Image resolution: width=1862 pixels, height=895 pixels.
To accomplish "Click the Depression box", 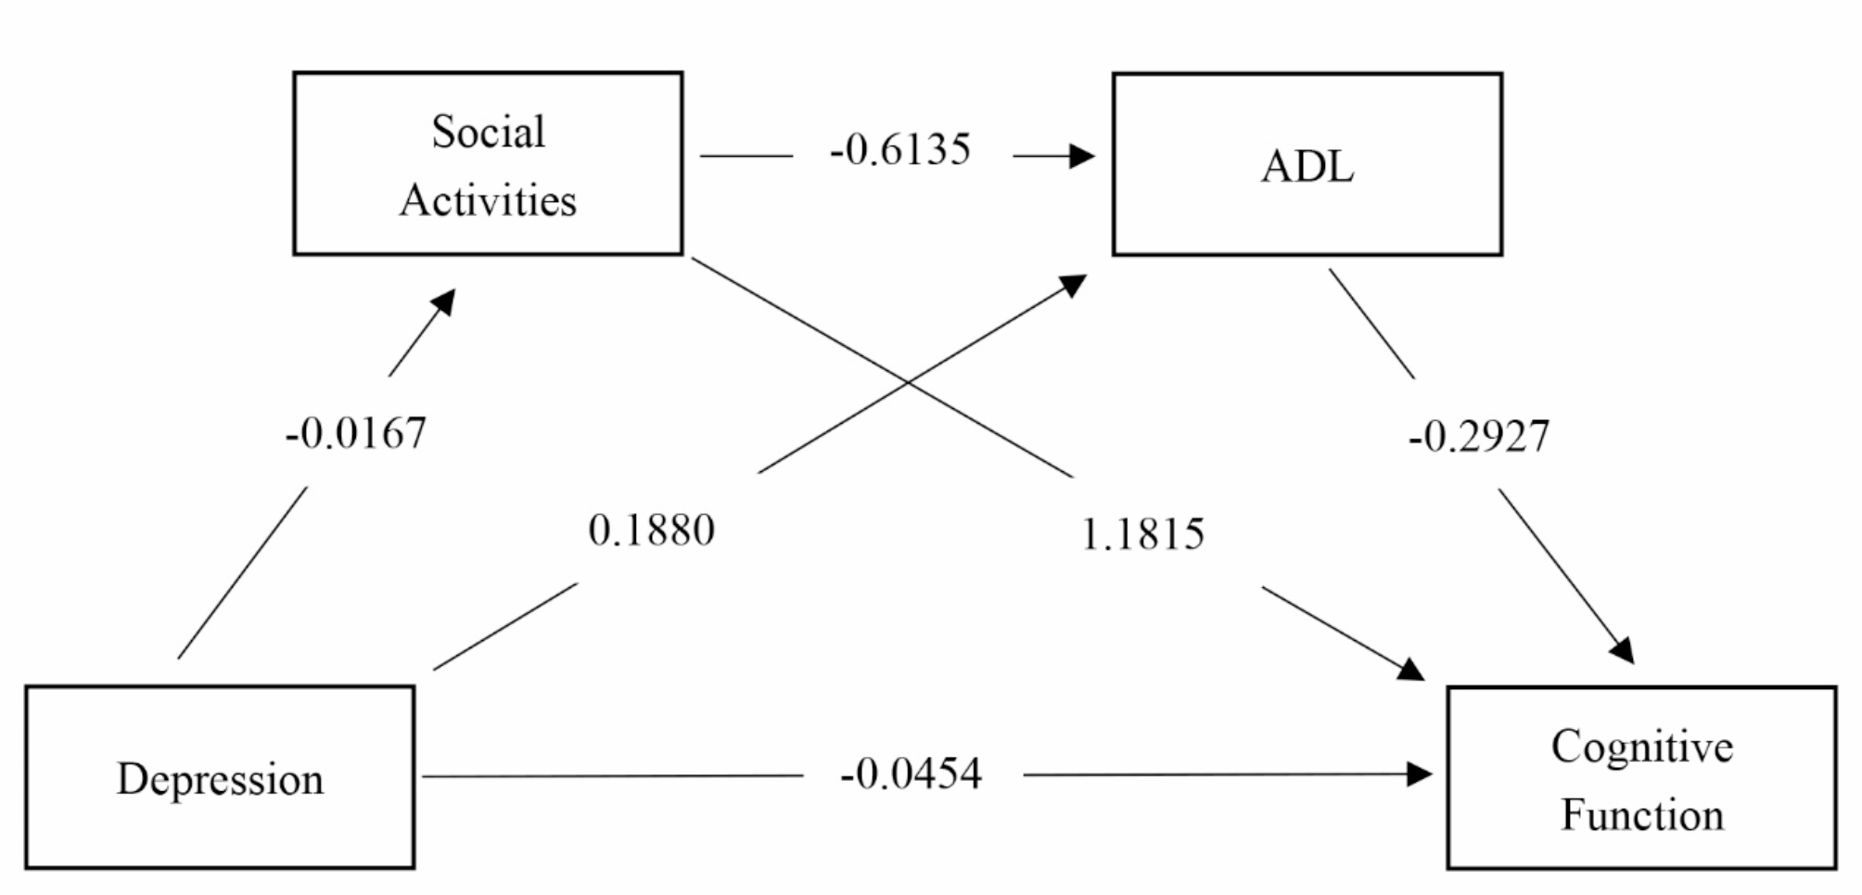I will coord(220,777).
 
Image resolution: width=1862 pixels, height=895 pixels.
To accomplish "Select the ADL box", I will coord(1307,164).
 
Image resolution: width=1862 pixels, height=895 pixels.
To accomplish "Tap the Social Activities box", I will coord(488,163).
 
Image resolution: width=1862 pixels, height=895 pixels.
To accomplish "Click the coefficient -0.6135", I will coord(900,150).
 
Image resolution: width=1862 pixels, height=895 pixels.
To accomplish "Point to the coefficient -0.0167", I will coord(356,433).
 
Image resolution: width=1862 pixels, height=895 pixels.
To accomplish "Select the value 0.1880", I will coord(651,531).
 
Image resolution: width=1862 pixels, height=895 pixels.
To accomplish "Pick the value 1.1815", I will coord(1142,534).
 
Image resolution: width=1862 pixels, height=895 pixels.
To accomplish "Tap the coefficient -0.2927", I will coord(1478,437).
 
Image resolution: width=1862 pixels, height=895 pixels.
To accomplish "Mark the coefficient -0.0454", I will coord(911,774).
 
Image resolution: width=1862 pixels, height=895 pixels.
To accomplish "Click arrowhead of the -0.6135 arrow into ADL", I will coord(1081,156).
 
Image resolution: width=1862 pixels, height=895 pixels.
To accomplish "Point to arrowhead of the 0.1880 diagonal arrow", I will coord(1074,284).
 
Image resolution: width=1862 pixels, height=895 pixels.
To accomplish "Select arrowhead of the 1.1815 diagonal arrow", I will coord(1411,669).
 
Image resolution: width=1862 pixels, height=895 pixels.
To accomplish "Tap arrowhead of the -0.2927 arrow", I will coord(1623,651).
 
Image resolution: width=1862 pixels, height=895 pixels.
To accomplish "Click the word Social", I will coord(488,132).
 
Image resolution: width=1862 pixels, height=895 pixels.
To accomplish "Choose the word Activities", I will coord(488,200).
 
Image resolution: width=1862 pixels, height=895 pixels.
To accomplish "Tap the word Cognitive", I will coord(1641,748).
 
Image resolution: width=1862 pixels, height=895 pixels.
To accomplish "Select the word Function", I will coord(1641,815).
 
